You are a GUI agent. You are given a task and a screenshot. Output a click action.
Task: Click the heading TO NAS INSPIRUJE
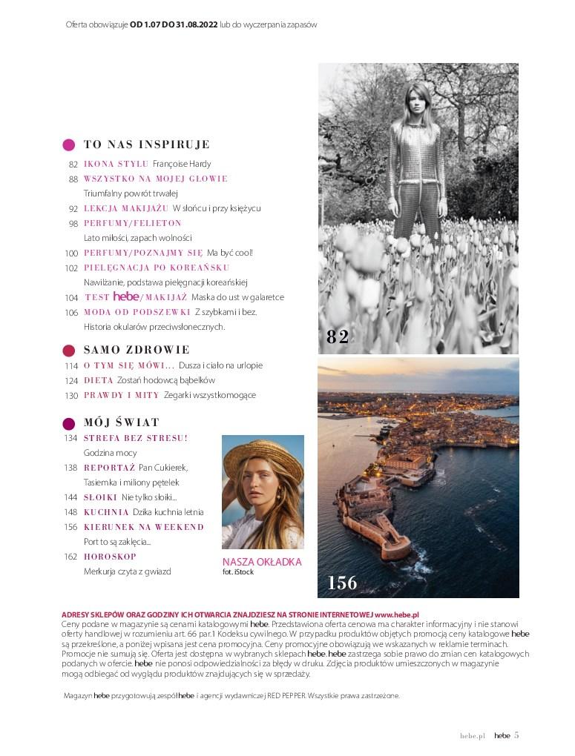(x=147, y=145)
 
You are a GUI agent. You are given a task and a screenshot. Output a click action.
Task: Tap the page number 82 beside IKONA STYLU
(x=73, y=164)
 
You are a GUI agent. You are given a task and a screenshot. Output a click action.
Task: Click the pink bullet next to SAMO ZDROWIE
(x=68, y=350)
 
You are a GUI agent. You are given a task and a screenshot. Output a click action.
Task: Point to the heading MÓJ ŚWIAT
(x=122, y=422)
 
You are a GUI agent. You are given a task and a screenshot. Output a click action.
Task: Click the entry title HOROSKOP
(x=110, y=557)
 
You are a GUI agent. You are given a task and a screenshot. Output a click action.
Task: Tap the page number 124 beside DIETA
(x=71, y=380)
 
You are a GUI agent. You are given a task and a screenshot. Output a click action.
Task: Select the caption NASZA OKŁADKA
(x=262, y=563)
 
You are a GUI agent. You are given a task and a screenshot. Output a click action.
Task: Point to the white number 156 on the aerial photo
(x=342, y=583)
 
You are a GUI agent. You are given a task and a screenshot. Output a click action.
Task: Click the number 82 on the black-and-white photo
(x=338, y=337)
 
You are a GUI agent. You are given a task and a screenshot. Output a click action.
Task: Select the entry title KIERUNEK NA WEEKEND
(x=144, y=527)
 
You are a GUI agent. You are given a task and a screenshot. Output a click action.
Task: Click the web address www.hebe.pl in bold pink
(x=397, y=615)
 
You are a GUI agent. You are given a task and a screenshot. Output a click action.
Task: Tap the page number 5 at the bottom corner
(x=516, y=735)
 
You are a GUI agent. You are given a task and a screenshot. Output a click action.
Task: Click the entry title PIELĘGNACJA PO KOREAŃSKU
(x=157, y=268)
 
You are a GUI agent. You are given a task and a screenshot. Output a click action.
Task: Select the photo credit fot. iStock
(x=238, y=573)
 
